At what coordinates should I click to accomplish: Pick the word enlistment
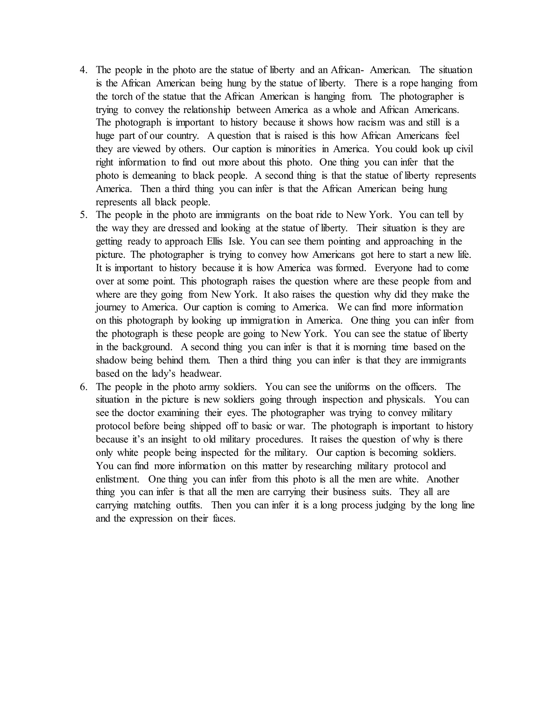117,479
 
